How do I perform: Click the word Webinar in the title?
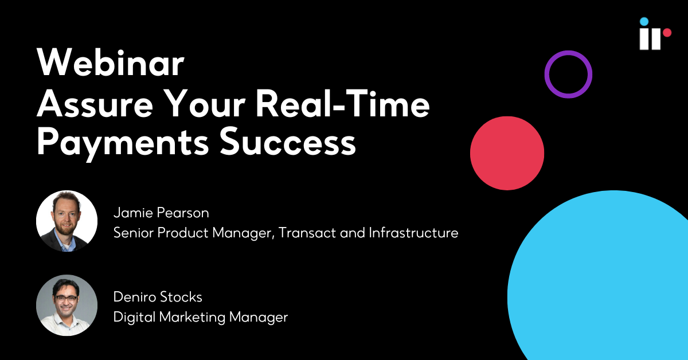coord(111,62)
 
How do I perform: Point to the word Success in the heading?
coord(288,142)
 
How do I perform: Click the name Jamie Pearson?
coord(161,213)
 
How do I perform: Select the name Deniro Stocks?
coord(158,297)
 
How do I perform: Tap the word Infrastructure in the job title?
coord(413,233)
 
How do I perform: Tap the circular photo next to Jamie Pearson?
coord(67,221)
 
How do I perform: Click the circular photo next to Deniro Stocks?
coord(67,305)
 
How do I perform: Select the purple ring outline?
coord(547,75)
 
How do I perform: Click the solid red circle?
coord(507,153)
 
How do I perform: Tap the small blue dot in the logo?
coord(644,22)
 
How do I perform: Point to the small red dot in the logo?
coord(667,33)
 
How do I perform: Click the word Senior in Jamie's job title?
coord(133,233)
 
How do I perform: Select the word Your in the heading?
coord(204,104)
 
